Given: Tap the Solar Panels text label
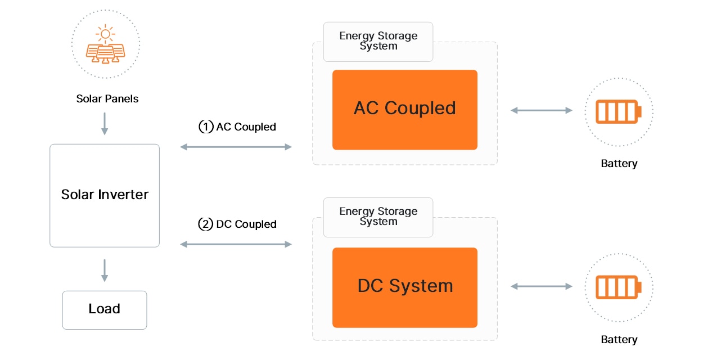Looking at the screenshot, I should pyautogui.click(x=107, y=99).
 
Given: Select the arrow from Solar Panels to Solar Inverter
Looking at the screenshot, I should pyautogui.click(x=105, y=123).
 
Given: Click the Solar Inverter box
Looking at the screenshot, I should pyautogui.click(x=105, y=195).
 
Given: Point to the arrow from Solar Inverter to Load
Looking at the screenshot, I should pyautogui.click(x=105, y=270).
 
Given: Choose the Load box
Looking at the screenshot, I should pyautogui.click(x=105, y=309).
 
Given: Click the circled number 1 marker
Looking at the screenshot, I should pyautogui.click(x=206, y=127).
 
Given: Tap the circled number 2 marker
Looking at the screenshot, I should pyautogui.click(x=206, y=224).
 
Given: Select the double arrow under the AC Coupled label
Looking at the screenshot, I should pyautogui.click(x=236, y=147).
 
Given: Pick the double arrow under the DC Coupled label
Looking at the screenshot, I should pyautogui.click(x=236, y=244).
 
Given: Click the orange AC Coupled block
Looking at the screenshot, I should pyautogui.click(x=405, y=110).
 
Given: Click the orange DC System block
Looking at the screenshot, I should pyautogui.click(x=405, y=287).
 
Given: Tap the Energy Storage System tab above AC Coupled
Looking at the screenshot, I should pyautogui.click(x=378, y=42).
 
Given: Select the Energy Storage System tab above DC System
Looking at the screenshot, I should pyautogui.click(x=378, y=217).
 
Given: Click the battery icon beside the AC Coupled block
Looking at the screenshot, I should pyautogui.click(x=618, y=111).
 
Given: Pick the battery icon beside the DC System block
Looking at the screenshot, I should pyautogui.click(x=618, y=287).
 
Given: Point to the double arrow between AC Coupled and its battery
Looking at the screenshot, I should pyautogui.click(x=541, y=111).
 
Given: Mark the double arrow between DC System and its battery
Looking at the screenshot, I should pyautogui.click(x=541, y=287).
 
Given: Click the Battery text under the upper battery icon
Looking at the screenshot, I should pyautogui.click(x=619, y=164).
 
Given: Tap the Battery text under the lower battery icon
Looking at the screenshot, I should pyautogui.click(x=619, y=340).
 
